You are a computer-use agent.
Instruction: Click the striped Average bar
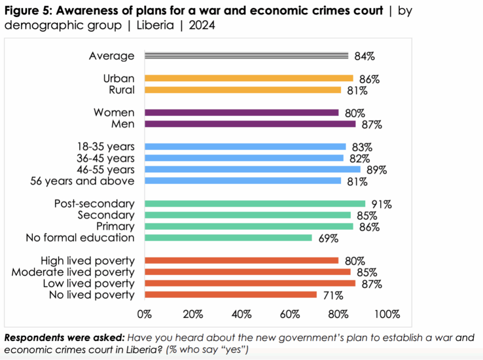pos(247,56)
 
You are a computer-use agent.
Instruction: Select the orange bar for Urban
pos(249,79)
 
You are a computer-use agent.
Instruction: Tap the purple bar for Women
pos(242,113)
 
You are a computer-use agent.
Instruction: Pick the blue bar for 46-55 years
pos(252,169)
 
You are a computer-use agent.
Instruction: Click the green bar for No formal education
pos(228,238)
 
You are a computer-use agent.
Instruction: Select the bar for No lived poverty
pos(231,295)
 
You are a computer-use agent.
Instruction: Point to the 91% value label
pos(381,204)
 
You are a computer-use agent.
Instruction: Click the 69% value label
pos(327,238)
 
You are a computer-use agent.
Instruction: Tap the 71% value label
pos(332,295)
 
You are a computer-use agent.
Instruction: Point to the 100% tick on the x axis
pos(387,314)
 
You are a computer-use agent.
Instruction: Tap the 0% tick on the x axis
pos(145,314)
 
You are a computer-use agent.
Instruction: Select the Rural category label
pos(122,90)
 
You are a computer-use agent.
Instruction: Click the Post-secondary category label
pos(95,204)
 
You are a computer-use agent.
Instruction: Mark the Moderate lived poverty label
pos(73,272)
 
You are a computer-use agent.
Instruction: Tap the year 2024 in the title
pos(202,25)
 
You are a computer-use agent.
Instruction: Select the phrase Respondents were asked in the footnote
pos(63,338)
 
